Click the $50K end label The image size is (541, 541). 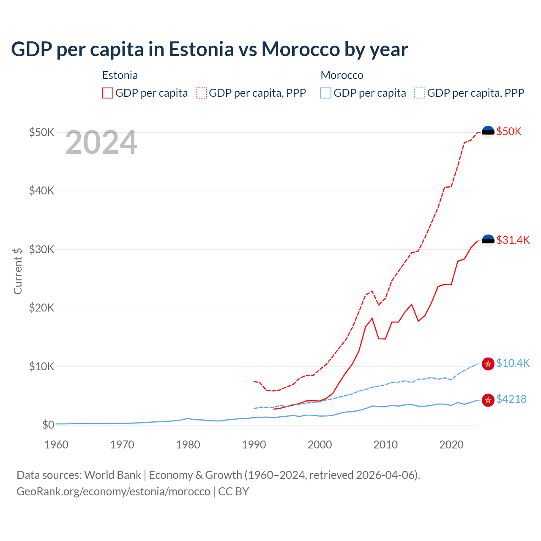pyautogui.click(x=509, y=131)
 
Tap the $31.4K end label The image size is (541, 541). pyautogui.click(x=513, y=240)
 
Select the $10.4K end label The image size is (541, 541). pyautogui.click(x=513, y=363)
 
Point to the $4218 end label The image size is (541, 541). pyautogui.click(x=511, y=399)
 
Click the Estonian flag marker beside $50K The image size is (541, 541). pyautogui.click(x=488, y=132)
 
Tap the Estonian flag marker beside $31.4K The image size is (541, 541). pyautogui.click(x=488, y=240)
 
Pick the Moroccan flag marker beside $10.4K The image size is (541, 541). pyautogui.click(x=488, y=363)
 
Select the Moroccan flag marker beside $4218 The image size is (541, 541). pyautogui.click(x=488, y=399)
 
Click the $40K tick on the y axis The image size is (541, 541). pyautogui.click(x=41, y=191)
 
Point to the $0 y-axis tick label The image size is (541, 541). pyautogui.click(x=48, y=425)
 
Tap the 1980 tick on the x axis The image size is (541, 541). pyautogui.click(x=188, y=445)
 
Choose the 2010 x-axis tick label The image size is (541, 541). pyautogui.click(x=385, y=445)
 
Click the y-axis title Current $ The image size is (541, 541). pyautogui.click(x=18, y=271)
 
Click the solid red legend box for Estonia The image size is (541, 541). pyautogui.click(x=108, y=93)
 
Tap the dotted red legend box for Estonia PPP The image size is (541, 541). pyautogui.click(x=201, y=93)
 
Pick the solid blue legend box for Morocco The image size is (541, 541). pyautogui.click(x=326, y=93)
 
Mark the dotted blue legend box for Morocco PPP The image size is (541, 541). pyautogui.click(x=420, y=93)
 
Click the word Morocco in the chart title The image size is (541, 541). pyautogui.click(x=301, y=49)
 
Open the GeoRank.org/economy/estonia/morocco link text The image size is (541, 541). pyautogui.click(x=113, y=492)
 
